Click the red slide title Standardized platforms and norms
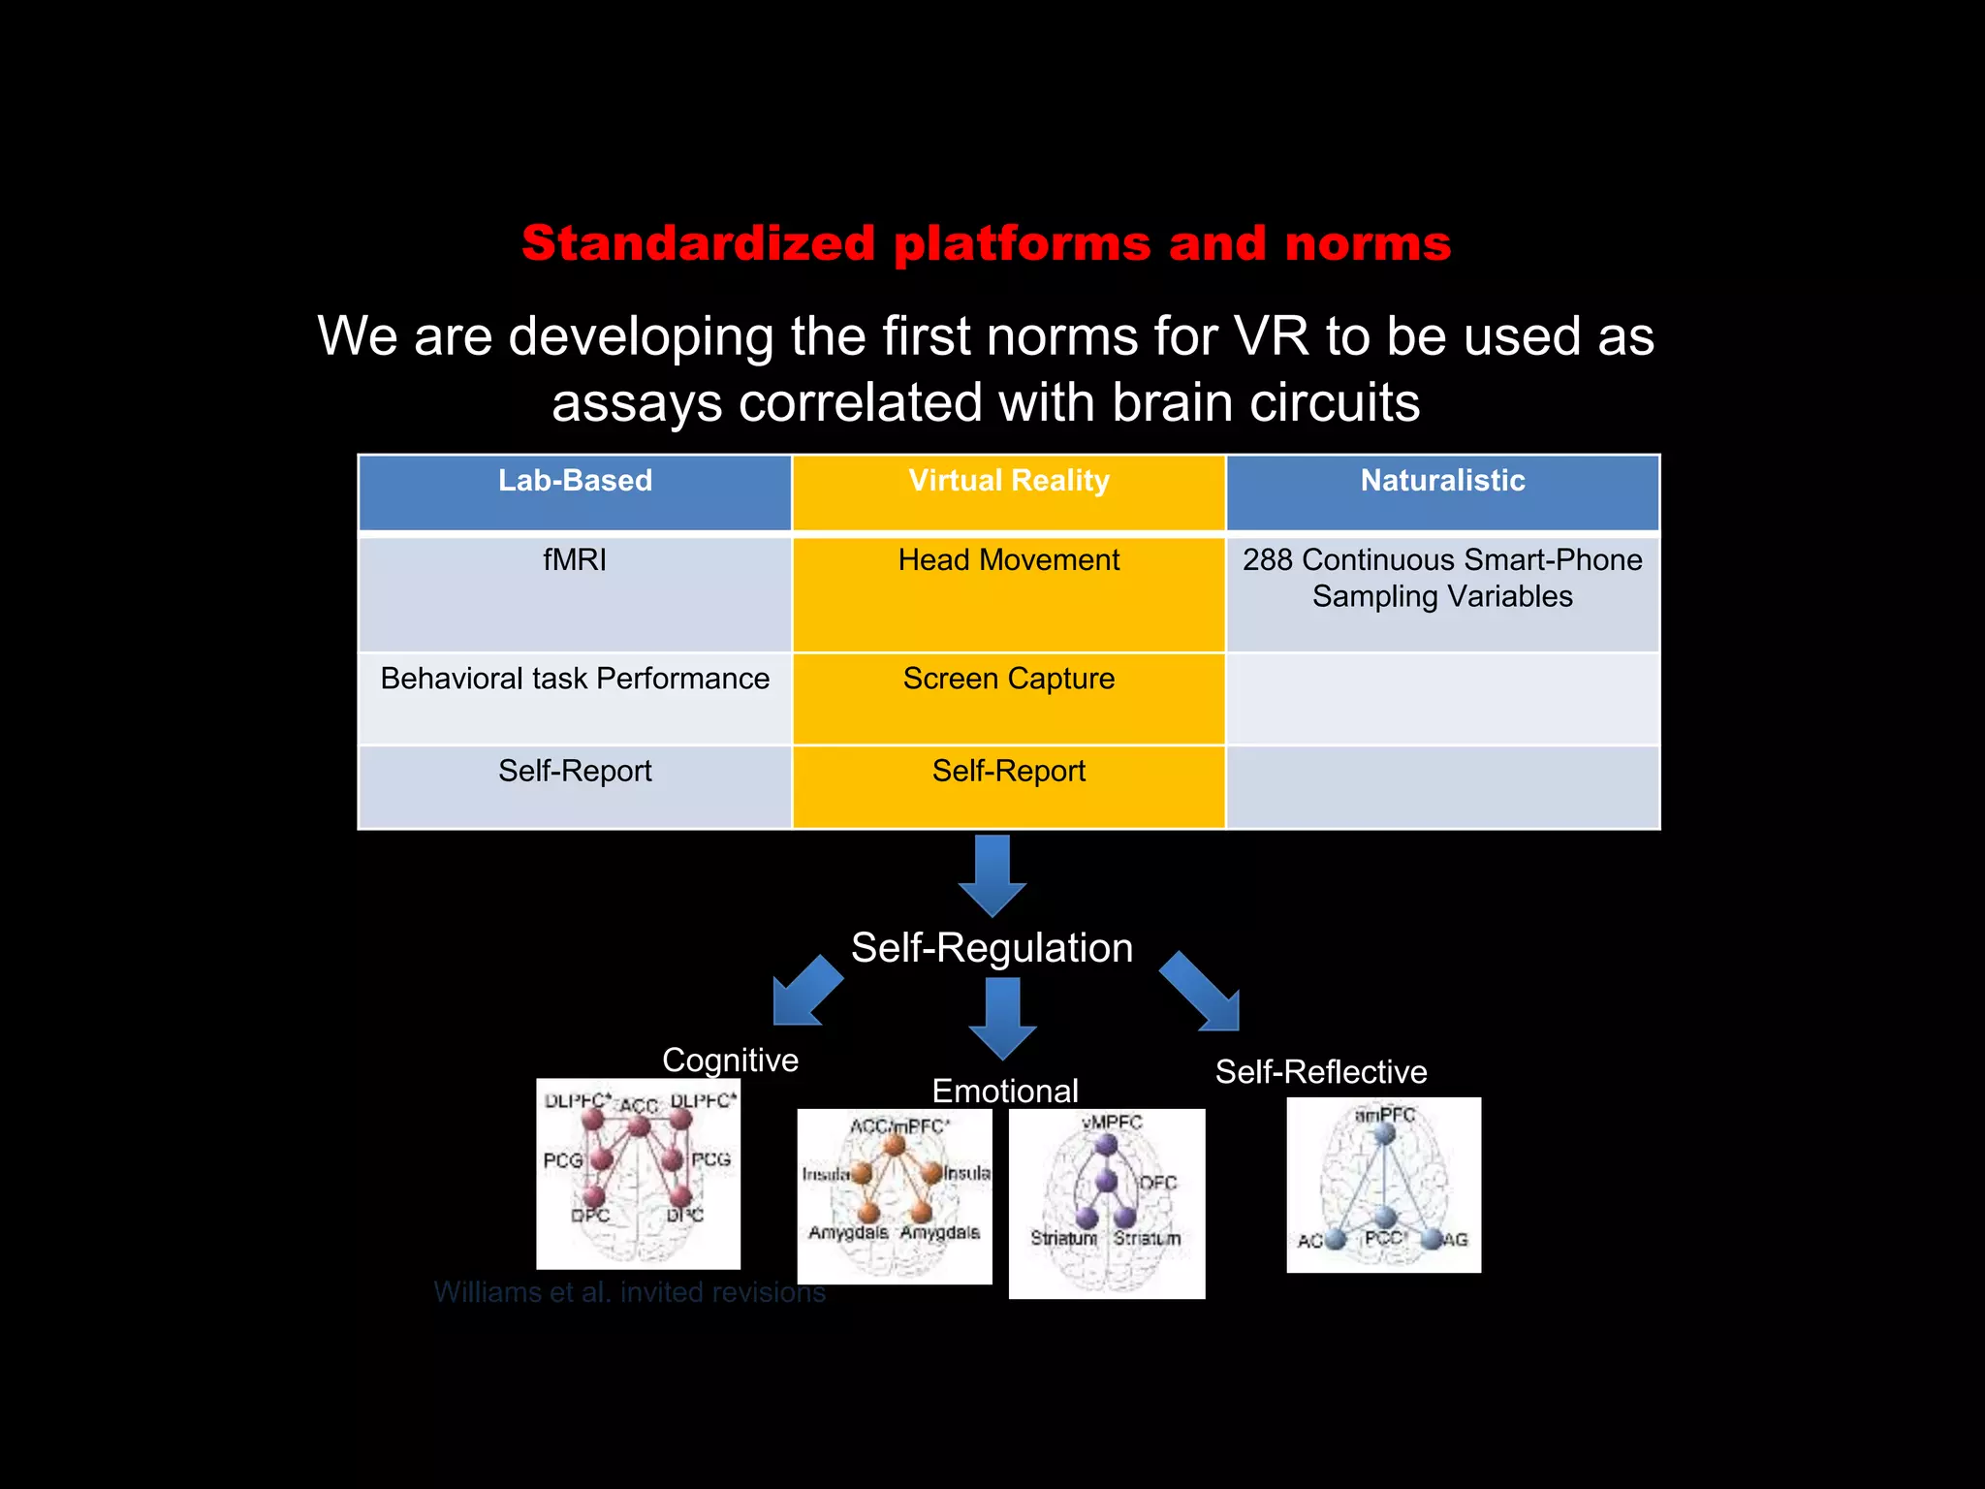[x=986, y=243]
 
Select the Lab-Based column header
[x=575, y=481]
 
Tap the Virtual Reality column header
[x=1009, y=481]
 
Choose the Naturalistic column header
[x=1442, y=481]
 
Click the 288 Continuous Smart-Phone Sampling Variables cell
[x=1442, y=578]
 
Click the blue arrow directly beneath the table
[x=992, y=874]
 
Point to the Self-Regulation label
[x=992, y=947]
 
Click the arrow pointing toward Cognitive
[x=805, y=992]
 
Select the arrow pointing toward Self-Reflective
[x=1202, y=992]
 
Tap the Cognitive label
[x=730, y=1060]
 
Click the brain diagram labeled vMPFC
[x=1107, y=1203]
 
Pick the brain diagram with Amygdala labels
[x=895, y=1196]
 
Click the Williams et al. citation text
[x=629, y=1292]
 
